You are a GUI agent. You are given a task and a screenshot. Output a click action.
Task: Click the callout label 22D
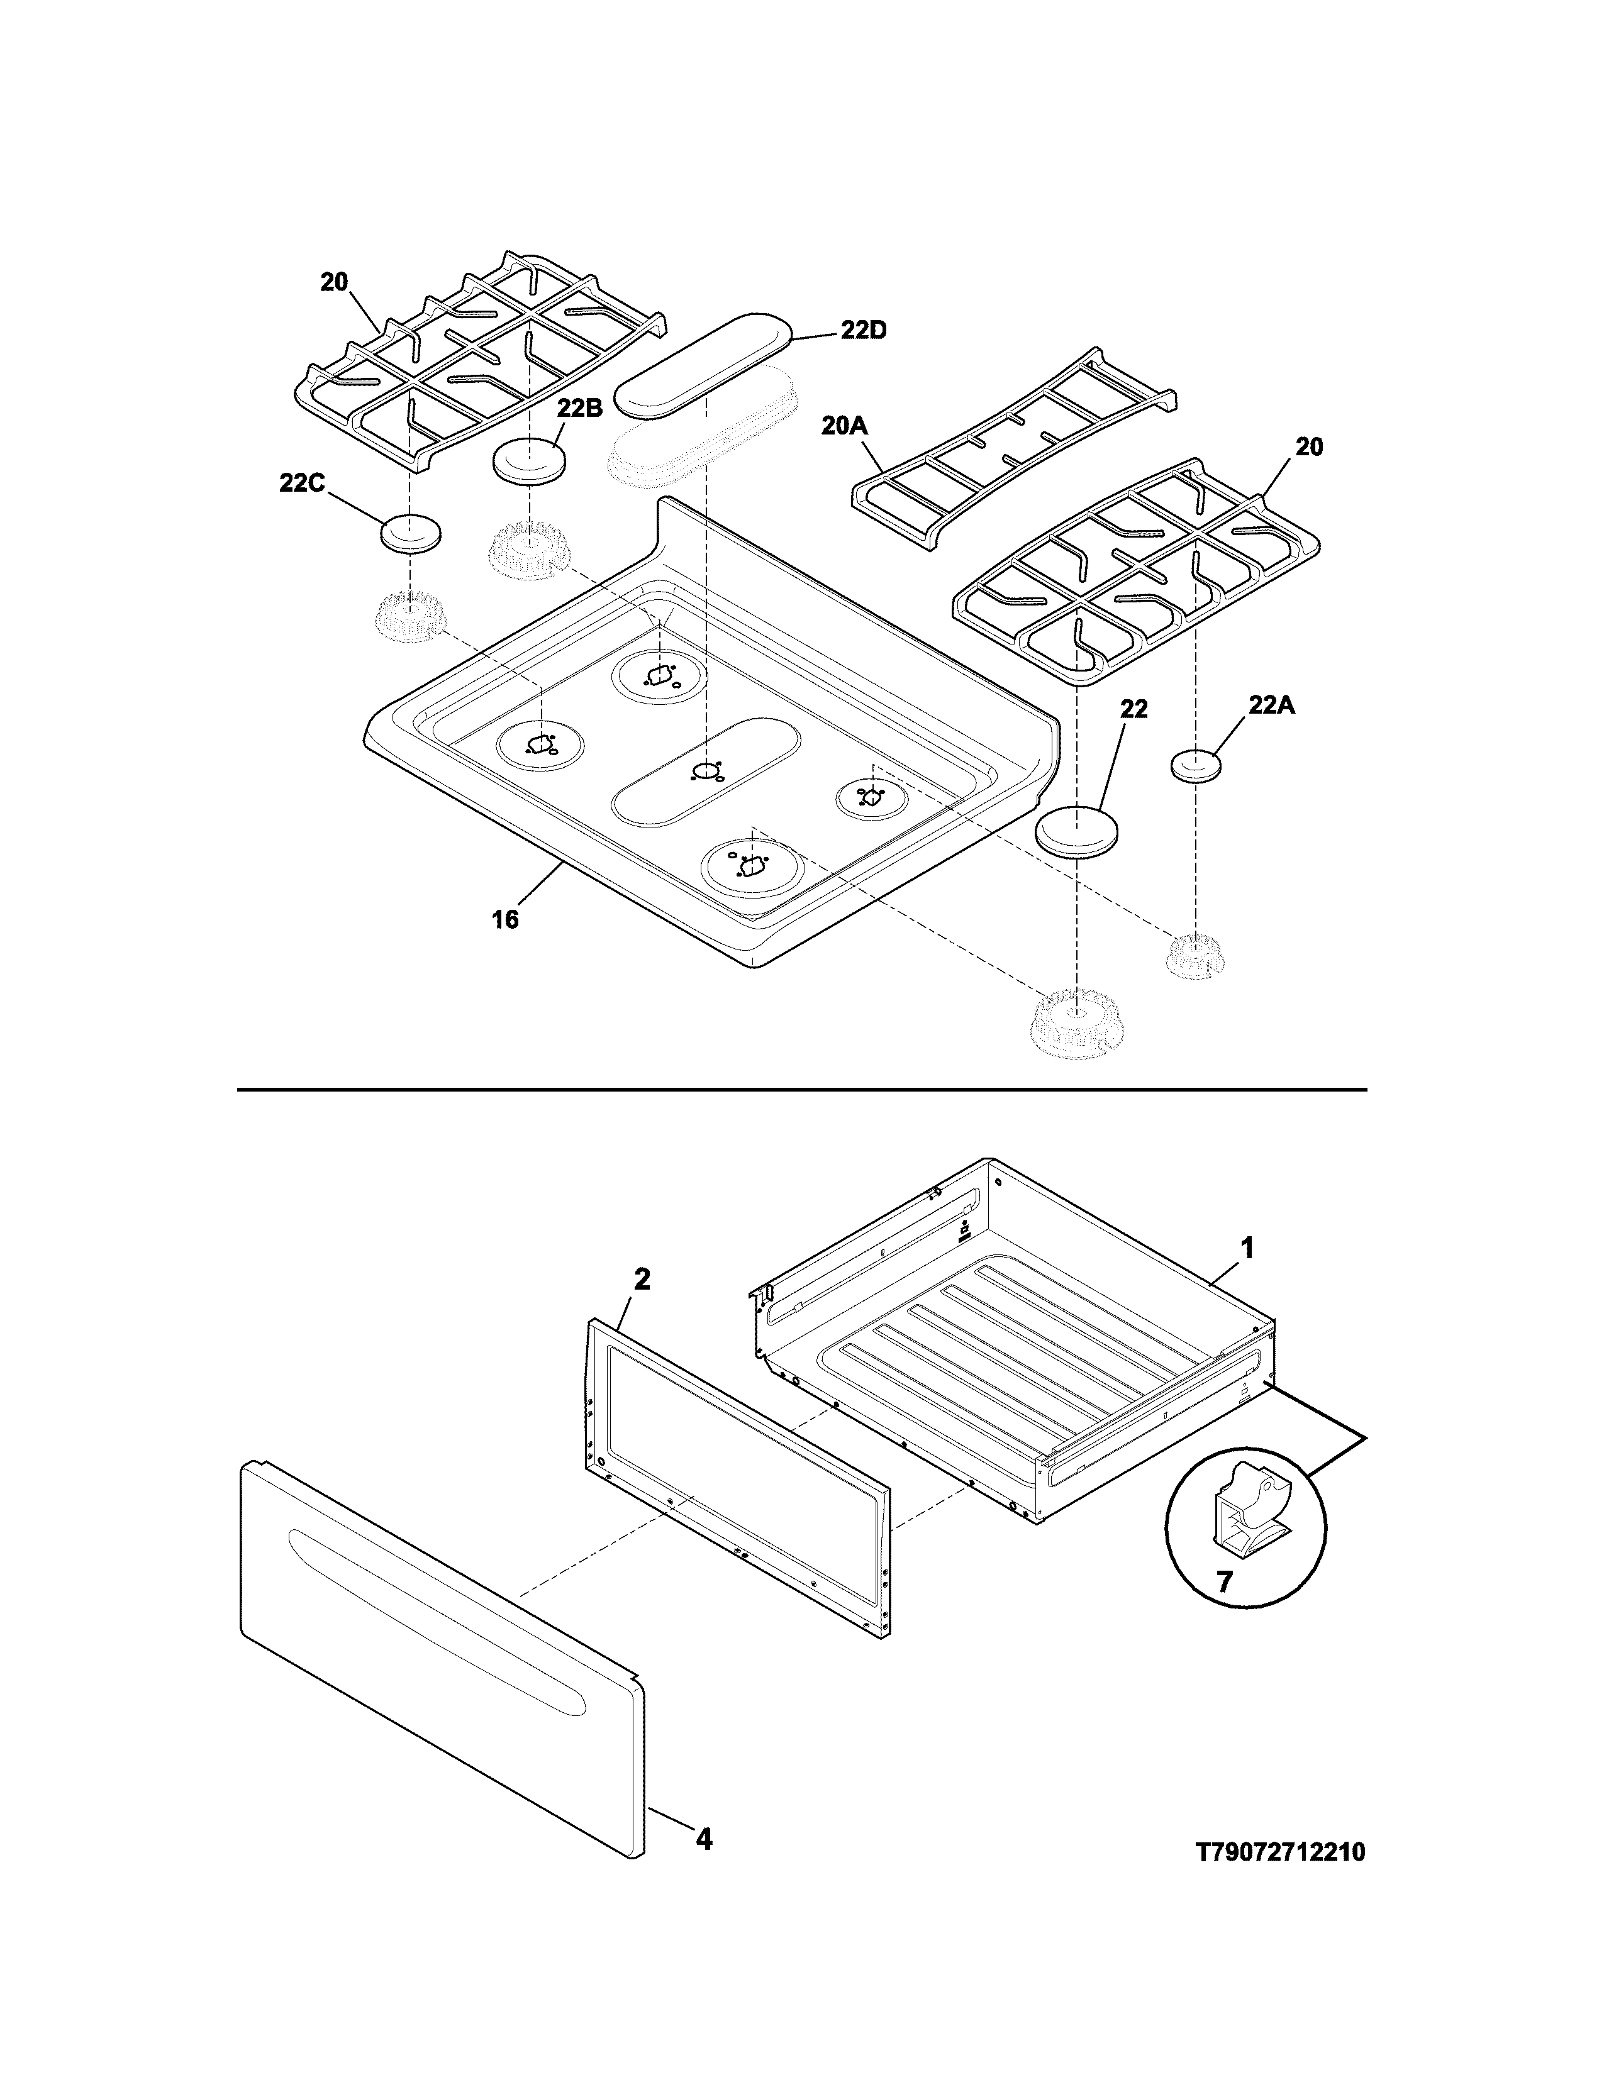tap(863, 331)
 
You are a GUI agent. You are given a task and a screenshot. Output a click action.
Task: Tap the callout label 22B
tap(580, 409)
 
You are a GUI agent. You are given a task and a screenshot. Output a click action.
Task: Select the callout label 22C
tap(302, 484)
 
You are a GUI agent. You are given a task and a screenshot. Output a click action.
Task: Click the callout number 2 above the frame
tap(642, 1280)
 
